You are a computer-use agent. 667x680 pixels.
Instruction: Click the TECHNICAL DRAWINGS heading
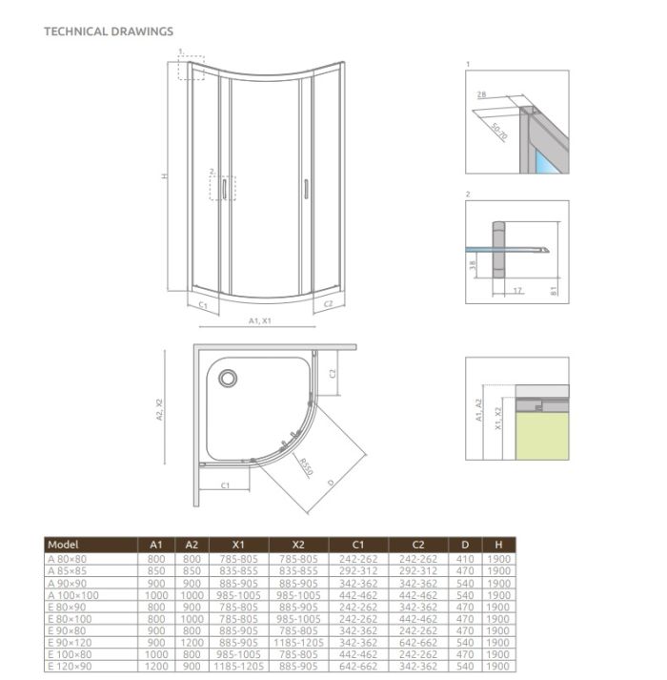109,31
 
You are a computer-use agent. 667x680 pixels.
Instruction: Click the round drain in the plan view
228,379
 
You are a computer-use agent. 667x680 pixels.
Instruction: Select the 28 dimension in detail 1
482,93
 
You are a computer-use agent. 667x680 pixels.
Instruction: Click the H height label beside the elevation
165,175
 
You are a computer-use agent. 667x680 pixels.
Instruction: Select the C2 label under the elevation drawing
327,303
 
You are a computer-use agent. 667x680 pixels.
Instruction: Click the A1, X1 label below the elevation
260,321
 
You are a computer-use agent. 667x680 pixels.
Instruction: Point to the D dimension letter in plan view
330,484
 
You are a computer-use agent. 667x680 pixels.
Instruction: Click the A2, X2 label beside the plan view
160,408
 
